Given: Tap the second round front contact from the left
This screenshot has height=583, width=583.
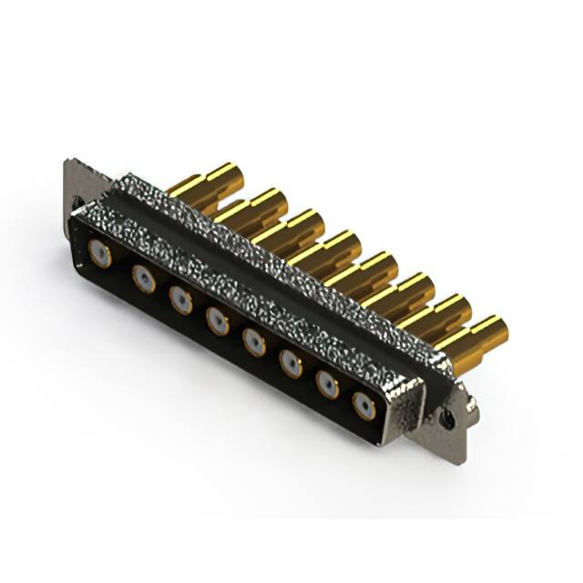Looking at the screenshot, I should pos(143,278).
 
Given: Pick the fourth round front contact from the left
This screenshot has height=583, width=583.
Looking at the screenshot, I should pos(217,320).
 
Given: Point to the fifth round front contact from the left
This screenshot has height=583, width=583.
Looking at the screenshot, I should pos(254,342).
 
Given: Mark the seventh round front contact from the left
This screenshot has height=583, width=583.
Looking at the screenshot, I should pos(327,384).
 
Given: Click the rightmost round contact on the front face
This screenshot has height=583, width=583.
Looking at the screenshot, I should pos(364,405).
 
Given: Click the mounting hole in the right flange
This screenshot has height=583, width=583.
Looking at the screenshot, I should pos(447,418).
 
